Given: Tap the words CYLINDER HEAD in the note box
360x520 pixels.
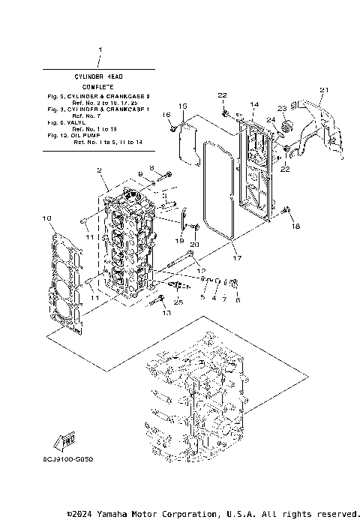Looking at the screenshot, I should [x=99, y=76].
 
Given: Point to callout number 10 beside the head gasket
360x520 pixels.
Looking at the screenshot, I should [x=46, y=218].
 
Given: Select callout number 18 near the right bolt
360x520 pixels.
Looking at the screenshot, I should [x=295, y=226].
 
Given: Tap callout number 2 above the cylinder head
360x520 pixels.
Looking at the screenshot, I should [x=99, y=171].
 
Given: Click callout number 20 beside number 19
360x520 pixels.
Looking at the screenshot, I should [x=195, y=245].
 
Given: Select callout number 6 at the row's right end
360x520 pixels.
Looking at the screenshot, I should [x=238, y=299].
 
